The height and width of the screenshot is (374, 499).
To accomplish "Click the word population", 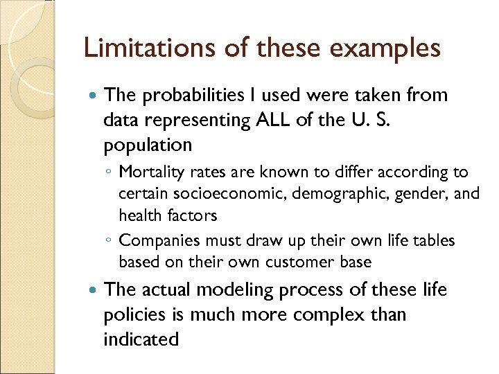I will pos(148,145).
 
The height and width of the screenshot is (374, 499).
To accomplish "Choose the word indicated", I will pos(141,339).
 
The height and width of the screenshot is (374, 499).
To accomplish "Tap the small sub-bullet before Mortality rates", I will pos(109,172).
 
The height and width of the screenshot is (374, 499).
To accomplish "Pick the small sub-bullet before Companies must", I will pos(109,241).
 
